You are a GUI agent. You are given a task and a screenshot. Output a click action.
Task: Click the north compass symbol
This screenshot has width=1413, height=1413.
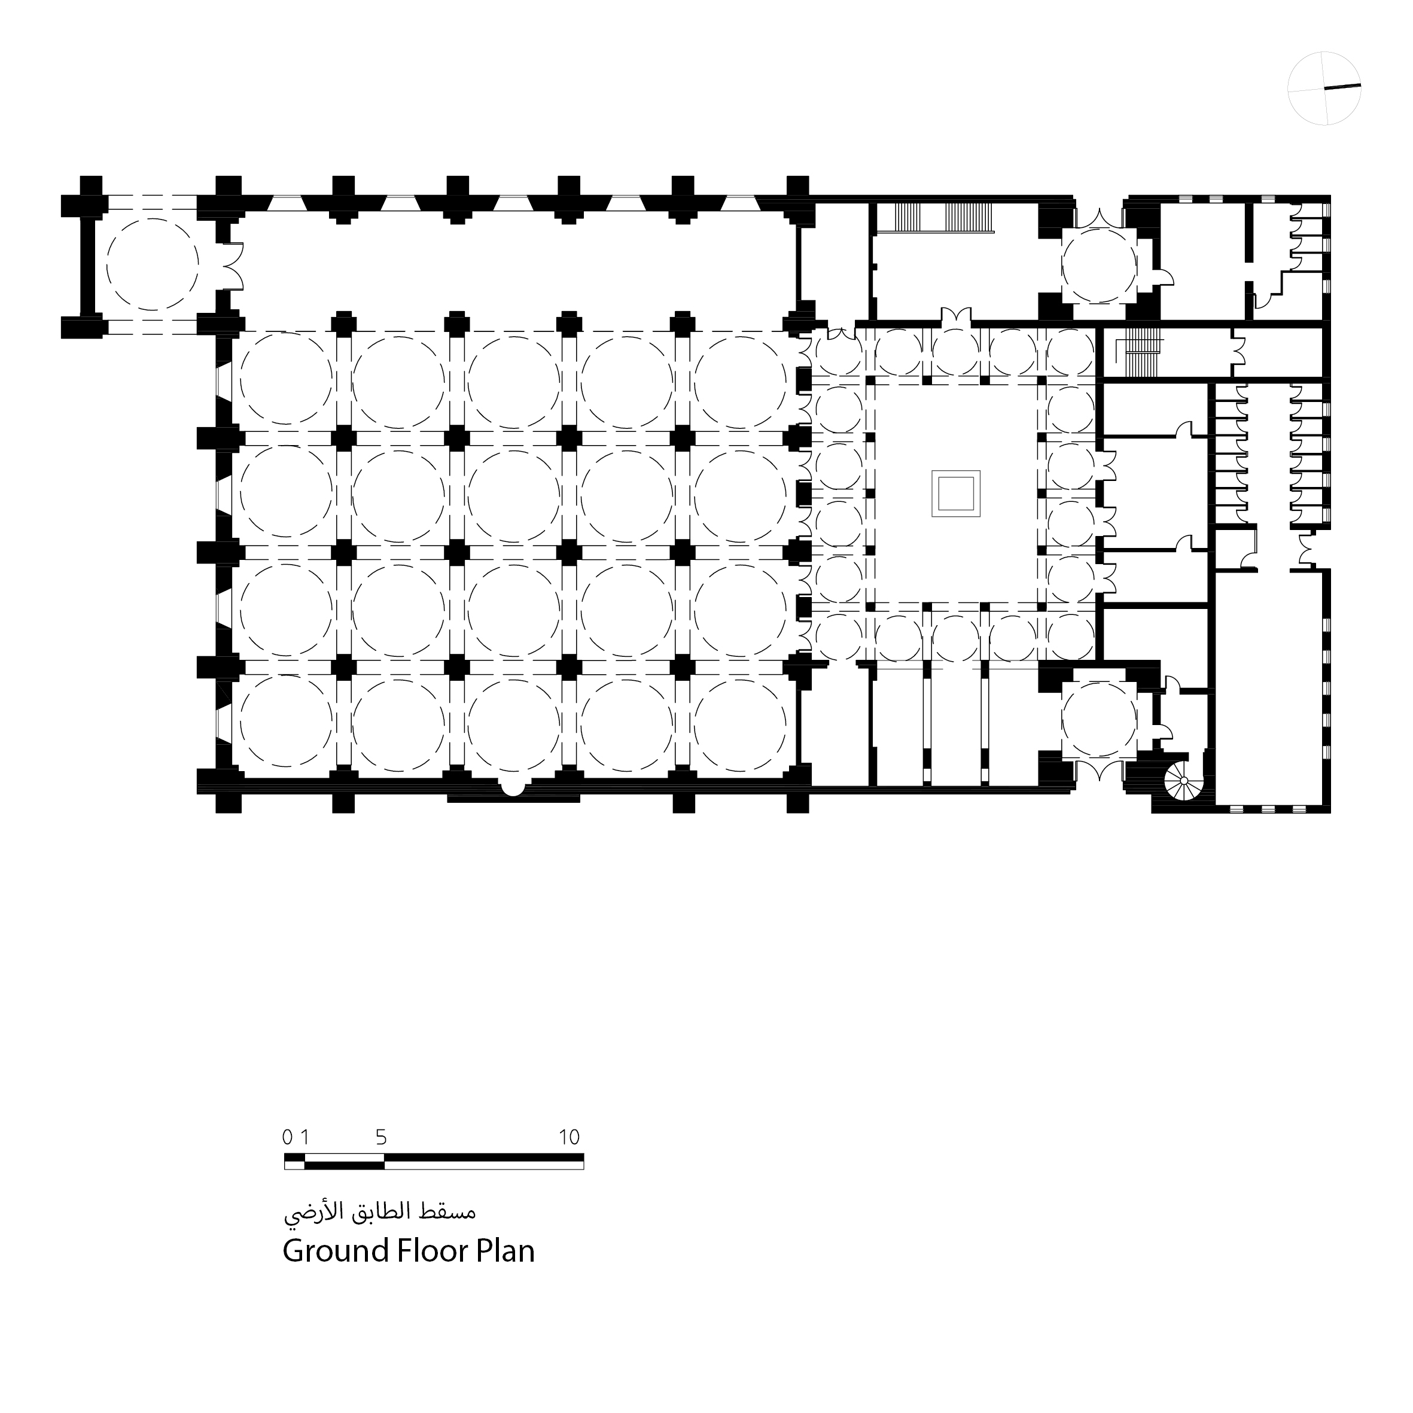click(1324, 89)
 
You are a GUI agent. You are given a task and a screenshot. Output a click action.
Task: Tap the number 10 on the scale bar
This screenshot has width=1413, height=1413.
click(569, 1137)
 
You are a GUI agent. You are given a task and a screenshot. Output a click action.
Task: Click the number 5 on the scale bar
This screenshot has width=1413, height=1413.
click(381, 1137)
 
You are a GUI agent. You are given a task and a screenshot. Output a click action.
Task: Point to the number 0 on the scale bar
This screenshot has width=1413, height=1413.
click(287, 1137)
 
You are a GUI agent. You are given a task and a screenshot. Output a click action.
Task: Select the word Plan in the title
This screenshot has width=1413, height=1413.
click(505, 1251)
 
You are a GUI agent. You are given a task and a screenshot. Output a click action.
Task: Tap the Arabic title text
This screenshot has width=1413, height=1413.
click(380, 1213)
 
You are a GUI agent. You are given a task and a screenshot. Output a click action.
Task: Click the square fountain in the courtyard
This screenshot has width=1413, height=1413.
click(955, 494)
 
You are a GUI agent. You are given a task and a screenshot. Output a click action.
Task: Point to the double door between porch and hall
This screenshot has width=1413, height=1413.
click(233, 264)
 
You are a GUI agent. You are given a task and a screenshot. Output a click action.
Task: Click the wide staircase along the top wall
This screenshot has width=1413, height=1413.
click(944, 218)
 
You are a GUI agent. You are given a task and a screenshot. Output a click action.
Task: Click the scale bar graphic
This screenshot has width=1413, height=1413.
click(434, 1161)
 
